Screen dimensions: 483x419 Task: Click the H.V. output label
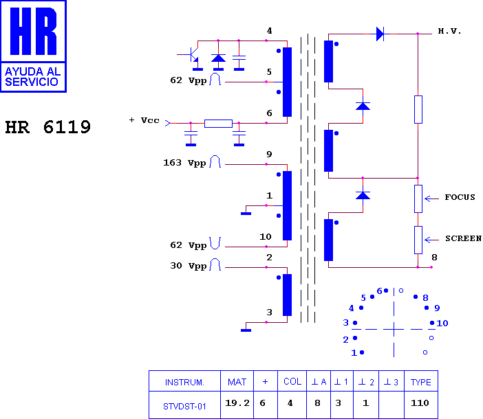[x=449, y=31]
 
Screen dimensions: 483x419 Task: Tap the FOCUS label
[x=460, y=197]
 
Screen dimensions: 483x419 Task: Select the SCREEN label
[x=463, y=238]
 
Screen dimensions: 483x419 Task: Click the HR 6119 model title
[x=48, y=127]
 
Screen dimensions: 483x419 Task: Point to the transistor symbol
[x=193, y=55]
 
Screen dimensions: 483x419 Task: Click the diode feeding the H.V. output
[x=380, y=34]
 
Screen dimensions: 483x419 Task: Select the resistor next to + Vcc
[x=218, y=124]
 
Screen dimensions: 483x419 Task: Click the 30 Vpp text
[x=188, y=266]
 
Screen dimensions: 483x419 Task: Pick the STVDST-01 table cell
[x=184, y=407]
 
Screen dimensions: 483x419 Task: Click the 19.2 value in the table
[x=237, y=403]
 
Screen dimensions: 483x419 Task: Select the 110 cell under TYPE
[x=420, y=403]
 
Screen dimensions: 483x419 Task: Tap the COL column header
[x=292, y=381]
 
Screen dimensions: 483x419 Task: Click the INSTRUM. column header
[x=184, y=383]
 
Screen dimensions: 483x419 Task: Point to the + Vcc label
[x=144, y=120]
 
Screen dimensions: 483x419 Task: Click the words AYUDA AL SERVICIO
[x=32, y=76]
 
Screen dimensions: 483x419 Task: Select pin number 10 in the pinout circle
[x=442, y=323]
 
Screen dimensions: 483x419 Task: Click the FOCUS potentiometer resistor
[x=418, y=199]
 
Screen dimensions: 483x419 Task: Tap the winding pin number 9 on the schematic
[x=269, y=154]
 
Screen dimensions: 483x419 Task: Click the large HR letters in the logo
[x=33, y=32]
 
